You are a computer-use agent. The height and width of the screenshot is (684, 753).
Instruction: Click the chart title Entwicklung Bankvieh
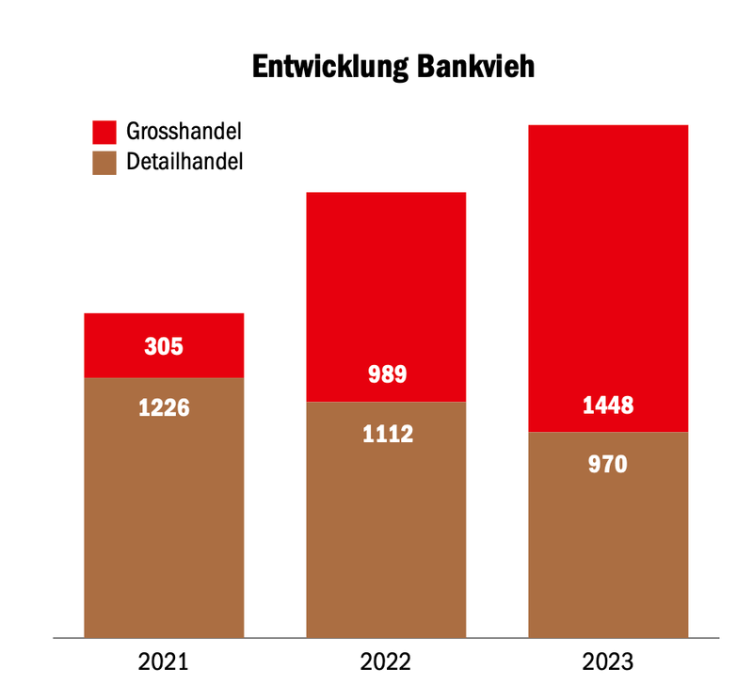pyautogui.click(x=393, y=67)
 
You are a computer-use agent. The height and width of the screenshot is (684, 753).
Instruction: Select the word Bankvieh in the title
pyautogui.click(x=475, y=66)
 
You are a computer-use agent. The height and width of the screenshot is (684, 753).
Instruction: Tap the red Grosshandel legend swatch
pyautogui.click(x=104, y=132)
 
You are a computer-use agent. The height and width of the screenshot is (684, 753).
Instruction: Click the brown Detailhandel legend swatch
pyautogui.click(x=104, y=163)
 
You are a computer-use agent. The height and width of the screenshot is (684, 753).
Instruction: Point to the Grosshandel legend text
pyautogui.click(x=184, y=131)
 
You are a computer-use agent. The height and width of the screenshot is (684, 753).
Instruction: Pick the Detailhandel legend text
pyautogui.click(x=184, y=162)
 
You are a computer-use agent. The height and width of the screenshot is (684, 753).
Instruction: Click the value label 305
pyautogui.click(x=164, y=346)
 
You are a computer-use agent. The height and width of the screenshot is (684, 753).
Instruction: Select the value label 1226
pyautogui.click(x=164, y=408)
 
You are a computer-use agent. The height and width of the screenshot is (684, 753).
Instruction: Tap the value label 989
pyautogui.click(x=387, y=374)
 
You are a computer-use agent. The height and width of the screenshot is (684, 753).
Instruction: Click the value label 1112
pyautogui.click(x=388, y=434)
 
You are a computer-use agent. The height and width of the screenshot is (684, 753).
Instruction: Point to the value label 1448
pyautogui.click(x=608, y=406)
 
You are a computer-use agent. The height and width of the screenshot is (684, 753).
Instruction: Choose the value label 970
pyautogui.click(x=607, y=465)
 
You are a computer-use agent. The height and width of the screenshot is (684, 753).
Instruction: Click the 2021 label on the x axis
pyautogui.click(x=163, y=662)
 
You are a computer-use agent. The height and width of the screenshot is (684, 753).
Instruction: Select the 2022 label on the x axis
pyautogui.click(x=386, y=662)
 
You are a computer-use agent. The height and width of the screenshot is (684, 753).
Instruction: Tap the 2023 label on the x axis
pyautogui.click(x=608, y=662)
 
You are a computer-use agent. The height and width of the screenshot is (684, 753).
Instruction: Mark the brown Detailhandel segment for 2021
pyautogui.click(x=164, y=508)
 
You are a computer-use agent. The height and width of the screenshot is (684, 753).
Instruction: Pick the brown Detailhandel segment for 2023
pyautogui.click(x=608, y=535)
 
